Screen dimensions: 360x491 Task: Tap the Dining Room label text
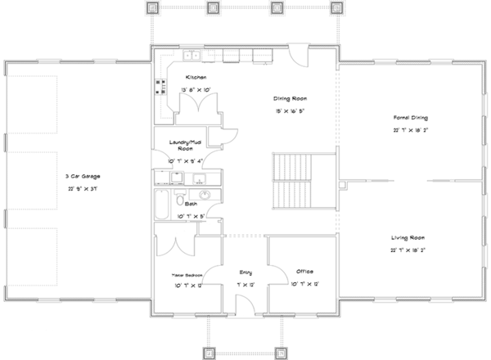tap(290, 97)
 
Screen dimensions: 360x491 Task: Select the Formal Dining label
tap(410, 118)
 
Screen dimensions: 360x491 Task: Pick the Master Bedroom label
tap(187, 275)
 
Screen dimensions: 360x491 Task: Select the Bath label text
tap(191, 203)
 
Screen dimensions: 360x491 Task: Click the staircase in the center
tap(290, 181)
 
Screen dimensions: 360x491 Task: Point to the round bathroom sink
tap(205, 194)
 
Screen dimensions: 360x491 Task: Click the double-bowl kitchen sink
tap(191, 56)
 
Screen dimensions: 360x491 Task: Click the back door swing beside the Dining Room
tap(297, 59)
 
